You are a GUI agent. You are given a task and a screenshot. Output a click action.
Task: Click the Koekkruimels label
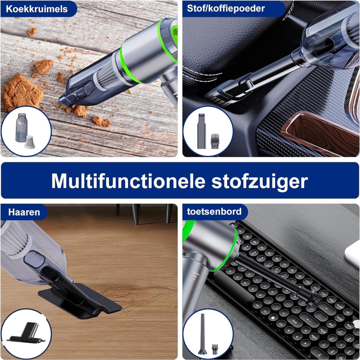(37, 9)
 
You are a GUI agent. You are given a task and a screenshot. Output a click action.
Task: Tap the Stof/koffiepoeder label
(226, 9)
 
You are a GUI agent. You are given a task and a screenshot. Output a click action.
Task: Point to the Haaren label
(24, 212)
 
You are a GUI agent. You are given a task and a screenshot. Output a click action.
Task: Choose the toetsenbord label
(214, 211)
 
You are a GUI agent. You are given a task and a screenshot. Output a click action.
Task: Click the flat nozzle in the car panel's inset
(201, 131)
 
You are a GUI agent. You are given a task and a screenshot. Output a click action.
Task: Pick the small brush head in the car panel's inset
(215, 141)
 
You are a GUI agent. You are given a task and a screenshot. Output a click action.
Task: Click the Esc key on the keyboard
(233, 225)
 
